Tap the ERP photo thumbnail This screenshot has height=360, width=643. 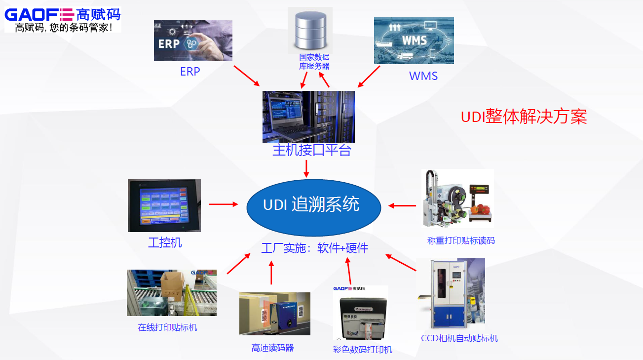click(x=193, y=40)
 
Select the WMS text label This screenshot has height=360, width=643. click(x=423, y=76)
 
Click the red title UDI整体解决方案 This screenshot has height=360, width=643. click(x=524, y=117)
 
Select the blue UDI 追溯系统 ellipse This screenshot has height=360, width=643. click(x=313, y=204)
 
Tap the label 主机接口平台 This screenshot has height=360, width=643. click(x=311, y=150)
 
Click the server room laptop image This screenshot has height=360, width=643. click(x=308, y=117)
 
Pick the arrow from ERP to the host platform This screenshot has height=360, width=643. click(x=247, y=76)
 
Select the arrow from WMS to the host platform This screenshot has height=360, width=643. click(x=368, y=77)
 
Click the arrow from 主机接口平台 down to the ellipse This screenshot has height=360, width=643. click(x=306, y=168)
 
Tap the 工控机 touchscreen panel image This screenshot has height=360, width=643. click(x=164, y=205)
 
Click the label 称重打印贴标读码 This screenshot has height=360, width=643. click(x=460, y=241)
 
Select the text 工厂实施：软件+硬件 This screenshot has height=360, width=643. click(x=314, y=248)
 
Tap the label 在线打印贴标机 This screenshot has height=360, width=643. click(x=167, y=327)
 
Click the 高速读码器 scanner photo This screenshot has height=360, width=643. click(x=275, y=314)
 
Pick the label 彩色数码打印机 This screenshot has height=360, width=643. click(x=362, y=350)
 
